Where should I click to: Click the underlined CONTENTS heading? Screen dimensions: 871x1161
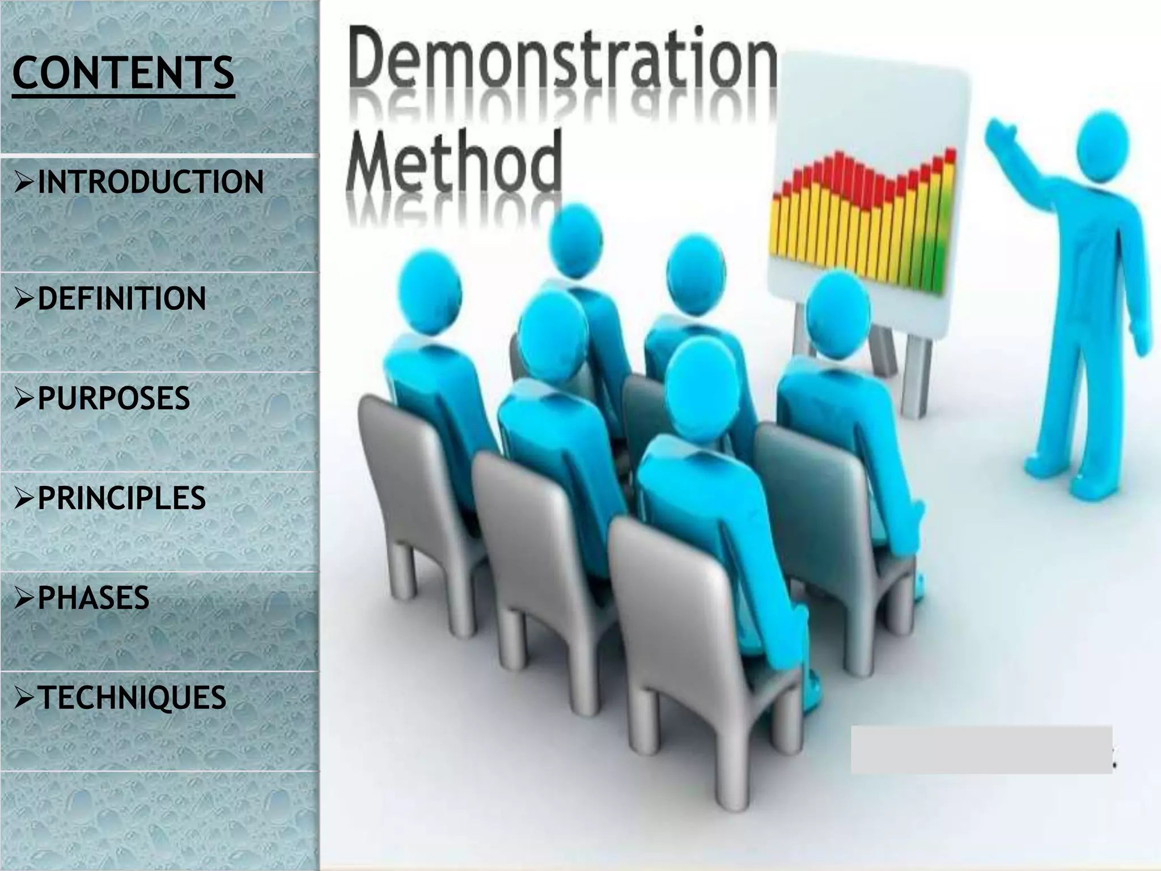pyautogui.click(x=122, y=74)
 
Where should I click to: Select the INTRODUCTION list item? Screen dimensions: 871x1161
pyautogui.click(x=150, y=182)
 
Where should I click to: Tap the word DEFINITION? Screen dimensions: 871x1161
pyautogui.click(x=121, y=299)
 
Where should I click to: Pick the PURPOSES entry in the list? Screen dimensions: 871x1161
pyautogui.click(x=113, y=398)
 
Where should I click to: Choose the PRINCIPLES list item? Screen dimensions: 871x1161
pyautogui.click(x=121, y=498)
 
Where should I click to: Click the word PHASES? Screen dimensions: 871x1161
pyautogui.click(x=94, y=598)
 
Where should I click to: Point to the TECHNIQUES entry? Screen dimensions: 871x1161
pyautogui.click(x=132, y=697)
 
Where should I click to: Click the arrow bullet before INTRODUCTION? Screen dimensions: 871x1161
pyautogui.click(x=25, y=183)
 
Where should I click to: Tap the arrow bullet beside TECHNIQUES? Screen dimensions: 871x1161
pyautogui.click(x=25, y=698)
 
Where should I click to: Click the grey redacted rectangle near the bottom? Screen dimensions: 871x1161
pyautogui.click(x=981, y=750)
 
